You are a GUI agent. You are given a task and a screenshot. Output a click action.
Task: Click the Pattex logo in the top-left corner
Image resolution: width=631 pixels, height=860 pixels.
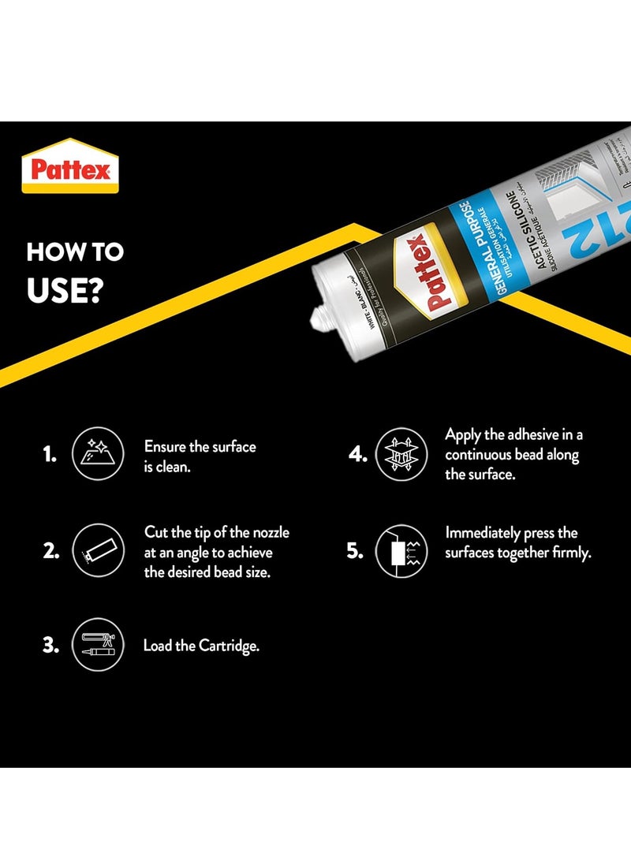tap(70, 166)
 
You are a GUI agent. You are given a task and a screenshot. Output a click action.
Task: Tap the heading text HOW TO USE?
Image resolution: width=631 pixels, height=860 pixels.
tap(75, 270)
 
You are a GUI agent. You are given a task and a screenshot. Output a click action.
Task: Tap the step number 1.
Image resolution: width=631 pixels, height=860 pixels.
tap(50, 455)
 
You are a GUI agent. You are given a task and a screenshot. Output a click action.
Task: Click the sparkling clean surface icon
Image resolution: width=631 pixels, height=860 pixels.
tap(97, 455)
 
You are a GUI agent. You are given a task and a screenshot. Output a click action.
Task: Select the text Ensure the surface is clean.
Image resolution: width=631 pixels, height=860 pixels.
tap(200, 456)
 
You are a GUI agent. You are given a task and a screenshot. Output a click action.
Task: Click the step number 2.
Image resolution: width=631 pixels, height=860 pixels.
tap(50, 551)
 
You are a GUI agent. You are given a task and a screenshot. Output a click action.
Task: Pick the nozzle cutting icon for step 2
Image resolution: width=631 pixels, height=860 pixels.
tap(97, 551)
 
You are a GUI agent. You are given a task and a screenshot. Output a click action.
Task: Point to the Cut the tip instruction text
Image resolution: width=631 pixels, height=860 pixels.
tap(216, 552)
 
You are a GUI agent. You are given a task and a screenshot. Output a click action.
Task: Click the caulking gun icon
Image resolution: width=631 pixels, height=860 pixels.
tap(97, 645)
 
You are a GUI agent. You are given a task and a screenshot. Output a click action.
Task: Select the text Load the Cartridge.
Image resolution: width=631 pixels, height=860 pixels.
tap(201, 646)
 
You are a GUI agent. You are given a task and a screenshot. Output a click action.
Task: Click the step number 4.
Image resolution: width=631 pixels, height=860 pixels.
tap(357, 455)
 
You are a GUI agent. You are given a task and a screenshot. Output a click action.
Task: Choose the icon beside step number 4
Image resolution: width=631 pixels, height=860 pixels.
tap(401, 455)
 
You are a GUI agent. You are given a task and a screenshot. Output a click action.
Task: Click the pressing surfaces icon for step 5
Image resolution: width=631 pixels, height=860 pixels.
tap(401, 551)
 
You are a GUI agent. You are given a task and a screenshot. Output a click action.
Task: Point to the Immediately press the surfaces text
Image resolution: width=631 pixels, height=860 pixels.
tap(517, 543)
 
